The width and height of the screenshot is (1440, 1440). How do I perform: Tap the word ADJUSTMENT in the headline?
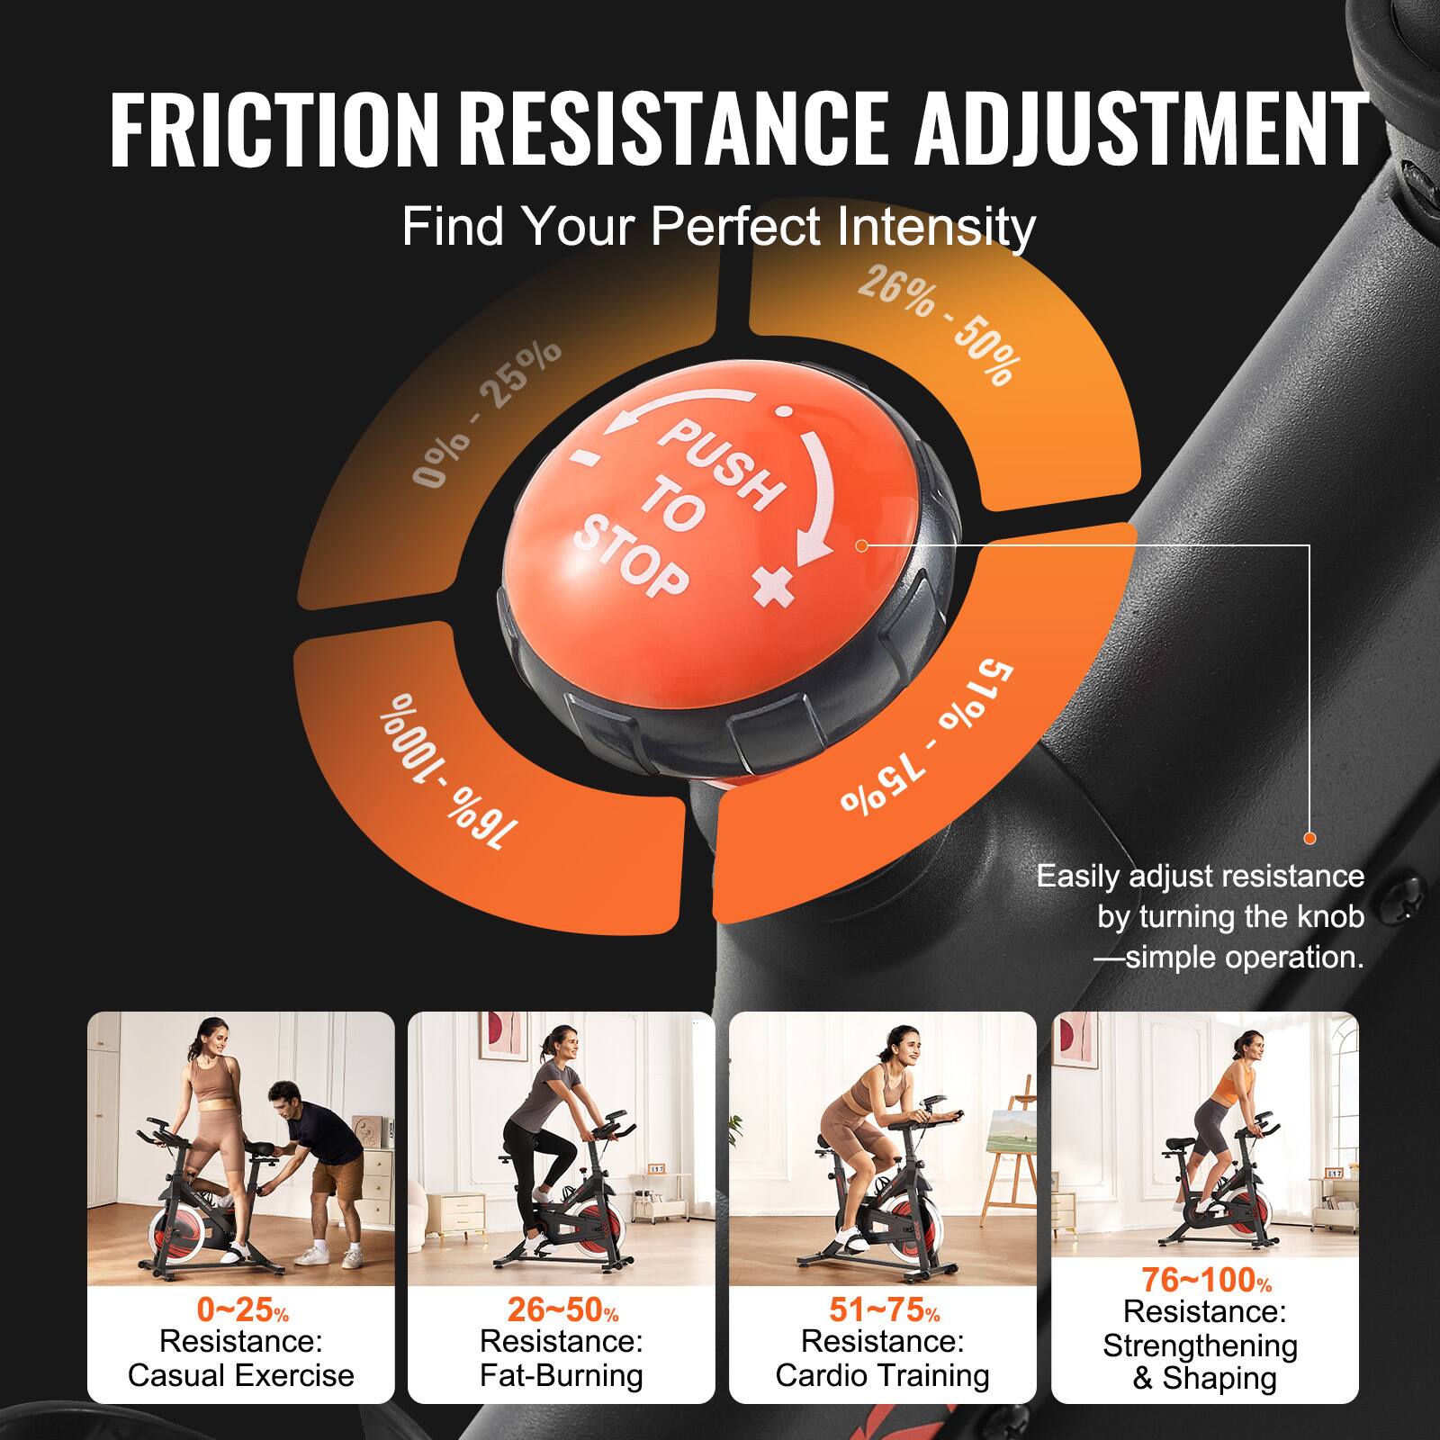point(1140,132)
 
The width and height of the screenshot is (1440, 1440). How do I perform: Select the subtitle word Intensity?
point(936,227)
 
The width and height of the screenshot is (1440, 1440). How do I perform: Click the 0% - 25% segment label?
point(487,413)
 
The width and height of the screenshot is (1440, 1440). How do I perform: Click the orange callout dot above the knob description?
point(1309,838)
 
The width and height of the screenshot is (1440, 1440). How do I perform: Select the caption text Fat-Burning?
point(562,1375)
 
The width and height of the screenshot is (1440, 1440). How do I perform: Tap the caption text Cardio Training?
point(882,1375)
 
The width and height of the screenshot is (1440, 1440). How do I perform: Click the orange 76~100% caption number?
point(1206,1279)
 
